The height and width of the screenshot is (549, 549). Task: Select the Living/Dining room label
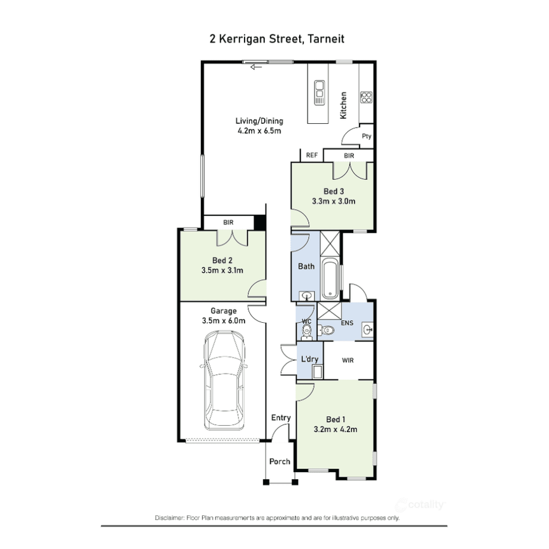(259, 121)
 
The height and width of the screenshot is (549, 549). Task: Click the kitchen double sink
(318, 93)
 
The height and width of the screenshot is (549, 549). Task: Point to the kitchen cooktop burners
(366, 97)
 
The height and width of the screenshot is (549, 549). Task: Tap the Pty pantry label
(366, 136)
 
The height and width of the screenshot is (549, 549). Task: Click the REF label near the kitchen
(311, 155)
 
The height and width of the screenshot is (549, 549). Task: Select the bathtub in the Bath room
(329, 279)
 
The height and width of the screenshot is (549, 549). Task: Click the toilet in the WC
(326, 330)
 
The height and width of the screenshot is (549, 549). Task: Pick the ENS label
(348, 323)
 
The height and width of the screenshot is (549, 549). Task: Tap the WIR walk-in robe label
(347, 360)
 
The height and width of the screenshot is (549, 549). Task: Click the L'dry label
(309, 360)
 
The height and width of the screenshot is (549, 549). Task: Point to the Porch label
(280, 462)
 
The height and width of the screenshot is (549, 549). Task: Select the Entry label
(281, 417)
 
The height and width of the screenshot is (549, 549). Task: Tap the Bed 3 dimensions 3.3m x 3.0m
(333, 201)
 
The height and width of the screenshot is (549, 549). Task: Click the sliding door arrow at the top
(256, 66)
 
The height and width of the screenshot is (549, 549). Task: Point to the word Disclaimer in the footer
(168, 518)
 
